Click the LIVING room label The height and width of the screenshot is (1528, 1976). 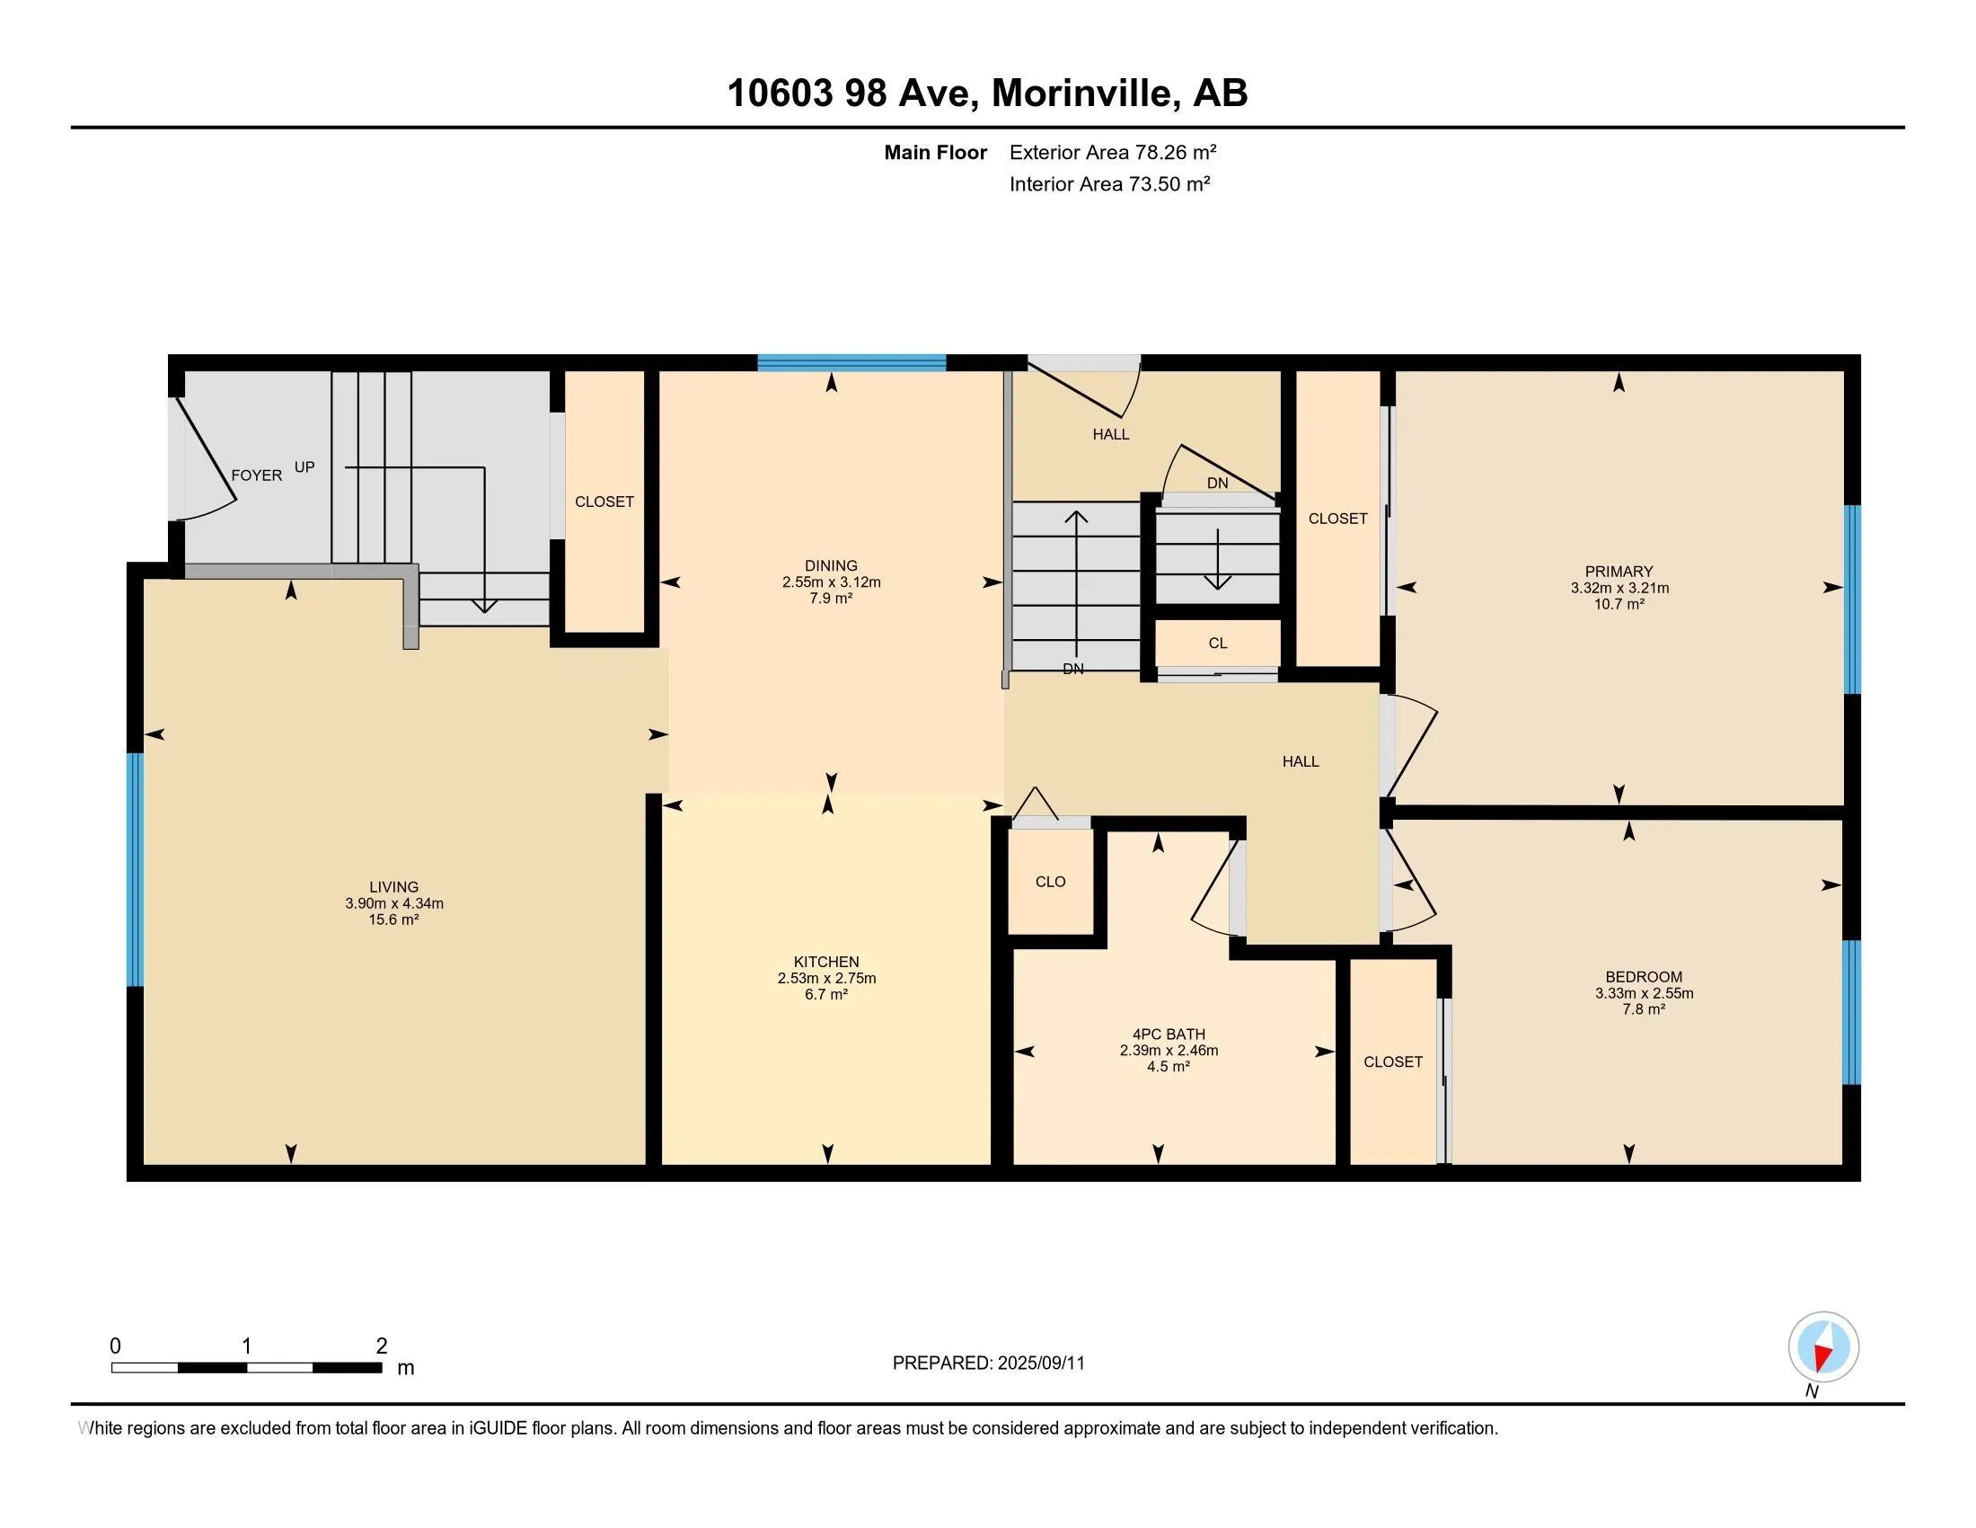coord(393,887)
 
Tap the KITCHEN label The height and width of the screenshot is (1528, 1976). coord(826,963)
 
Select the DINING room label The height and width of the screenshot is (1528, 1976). coord(831,565)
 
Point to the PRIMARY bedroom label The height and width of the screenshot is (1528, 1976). coord(1619,571)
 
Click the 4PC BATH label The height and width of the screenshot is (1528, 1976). coord(1168,1035)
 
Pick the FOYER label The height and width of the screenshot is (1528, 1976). coord(256,475)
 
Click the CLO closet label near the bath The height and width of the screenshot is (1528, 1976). coord(1051,882)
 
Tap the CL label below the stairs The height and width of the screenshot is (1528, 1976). coord(1218,644)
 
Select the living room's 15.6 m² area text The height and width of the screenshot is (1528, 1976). coord(393,919)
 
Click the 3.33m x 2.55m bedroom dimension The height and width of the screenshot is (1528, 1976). coord(1644,993)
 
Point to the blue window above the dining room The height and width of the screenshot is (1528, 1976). coord(851,363)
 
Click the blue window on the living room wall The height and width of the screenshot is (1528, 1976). coord(135,869)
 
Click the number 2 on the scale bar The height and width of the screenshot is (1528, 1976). coord(382,1346)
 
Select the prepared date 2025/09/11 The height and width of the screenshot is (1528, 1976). coord(1040,1364)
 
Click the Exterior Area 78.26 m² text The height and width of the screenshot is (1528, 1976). coord(1113,152)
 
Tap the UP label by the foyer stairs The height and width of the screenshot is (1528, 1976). coord(304,467)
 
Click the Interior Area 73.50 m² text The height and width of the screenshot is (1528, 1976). coord(1110,183)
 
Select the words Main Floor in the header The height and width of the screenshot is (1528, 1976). coord(936,152)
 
